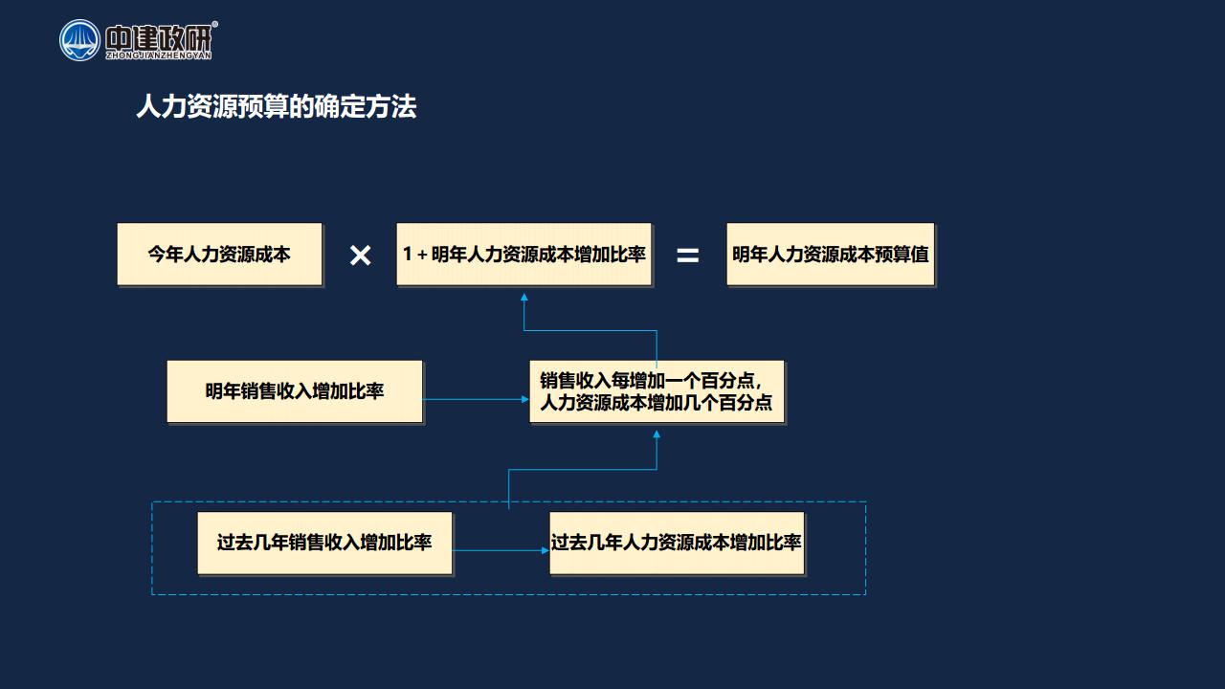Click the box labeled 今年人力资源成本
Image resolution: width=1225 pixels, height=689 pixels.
219,254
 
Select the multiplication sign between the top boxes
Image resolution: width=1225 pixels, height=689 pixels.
361,256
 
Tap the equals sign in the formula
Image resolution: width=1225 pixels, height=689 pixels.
687,255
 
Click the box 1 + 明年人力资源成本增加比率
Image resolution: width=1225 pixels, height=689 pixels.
523,254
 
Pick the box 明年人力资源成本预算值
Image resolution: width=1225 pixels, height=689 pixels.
830,254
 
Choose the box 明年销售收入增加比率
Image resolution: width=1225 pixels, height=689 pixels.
295,391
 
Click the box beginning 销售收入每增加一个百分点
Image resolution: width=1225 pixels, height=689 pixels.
657,391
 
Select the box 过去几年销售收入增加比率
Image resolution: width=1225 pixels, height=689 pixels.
324,543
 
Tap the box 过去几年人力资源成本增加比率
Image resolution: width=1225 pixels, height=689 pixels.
677,543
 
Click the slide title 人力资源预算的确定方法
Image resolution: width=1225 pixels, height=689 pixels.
277,106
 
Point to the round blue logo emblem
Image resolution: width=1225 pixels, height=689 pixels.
79,40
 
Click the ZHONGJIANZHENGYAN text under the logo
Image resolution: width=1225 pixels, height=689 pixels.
159,56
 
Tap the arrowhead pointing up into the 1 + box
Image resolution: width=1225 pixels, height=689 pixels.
523,297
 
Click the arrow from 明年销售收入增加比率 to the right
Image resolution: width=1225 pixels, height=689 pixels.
476,399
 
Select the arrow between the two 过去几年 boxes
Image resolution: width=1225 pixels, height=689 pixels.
501,550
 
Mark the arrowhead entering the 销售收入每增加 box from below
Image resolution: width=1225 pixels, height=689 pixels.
657,434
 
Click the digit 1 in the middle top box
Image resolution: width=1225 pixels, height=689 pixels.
407,254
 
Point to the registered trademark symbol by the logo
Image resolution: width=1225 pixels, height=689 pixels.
215,24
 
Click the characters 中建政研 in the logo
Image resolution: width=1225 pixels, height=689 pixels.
159,37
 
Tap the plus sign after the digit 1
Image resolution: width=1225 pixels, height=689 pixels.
422,255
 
